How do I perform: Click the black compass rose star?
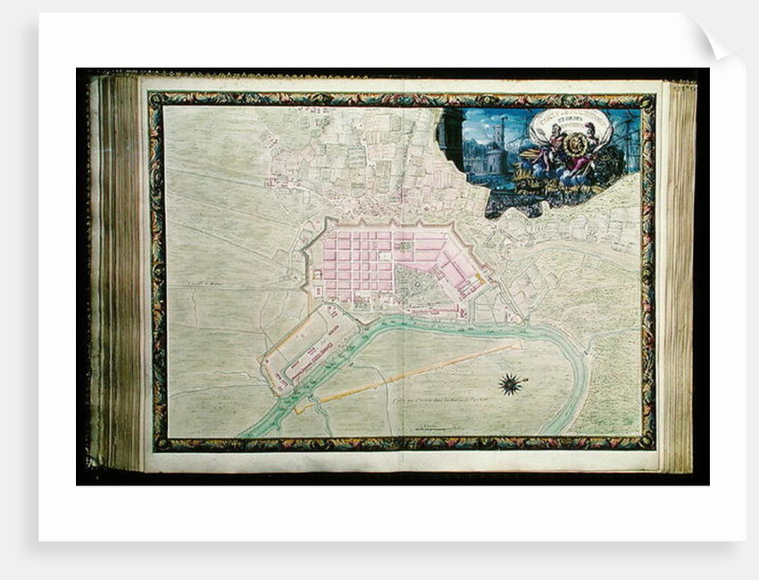pyautogui.click(x=511, y=385)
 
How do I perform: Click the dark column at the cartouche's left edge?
pyautogui.click(x=450, y=138)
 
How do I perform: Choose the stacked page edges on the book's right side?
pyautogui.click(x=680, y=268)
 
